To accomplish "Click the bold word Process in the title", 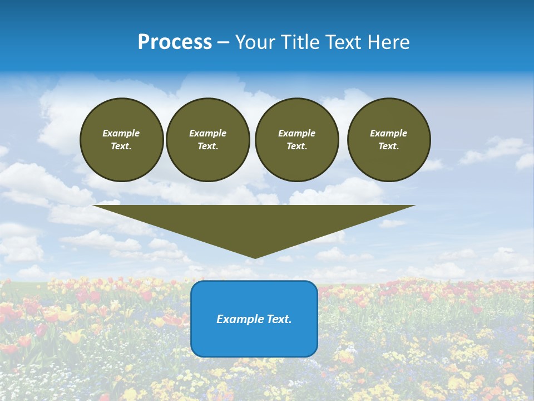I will click(175, 42).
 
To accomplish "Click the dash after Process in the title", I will click(224, 43).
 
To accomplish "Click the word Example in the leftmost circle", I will click(121, 133).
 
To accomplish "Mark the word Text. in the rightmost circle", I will click(389, 146).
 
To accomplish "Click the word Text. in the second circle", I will click(208, 146).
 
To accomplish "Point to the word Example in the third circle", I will click(296, 133).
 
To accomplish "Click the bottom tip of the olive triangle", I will click(255, 257).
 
